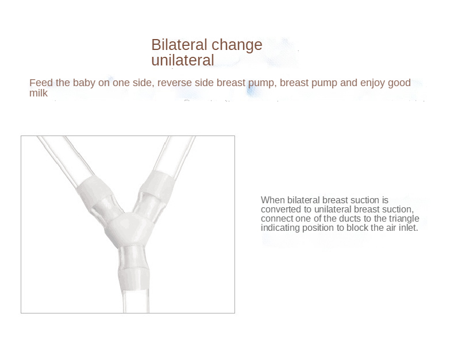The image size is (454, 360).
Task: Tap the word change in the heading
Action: coord(237,45)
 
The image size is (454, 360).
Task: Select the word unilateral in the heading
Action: coord(182,60)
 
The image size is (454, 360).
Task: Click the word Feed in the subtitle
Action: coord(40,83)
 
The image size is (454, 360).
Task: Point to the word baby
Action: coord(85,83)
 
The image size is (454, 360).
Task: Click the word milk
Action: coord(39,93)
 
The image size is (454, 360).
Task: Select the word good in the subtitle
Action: coord(399,83)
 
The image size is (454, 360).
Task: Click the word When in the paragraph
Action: coord(273,200)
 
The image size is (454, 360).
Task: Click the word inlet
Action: coord(406,228)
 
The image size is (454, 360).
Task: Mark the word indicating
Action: coord(281,228)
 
